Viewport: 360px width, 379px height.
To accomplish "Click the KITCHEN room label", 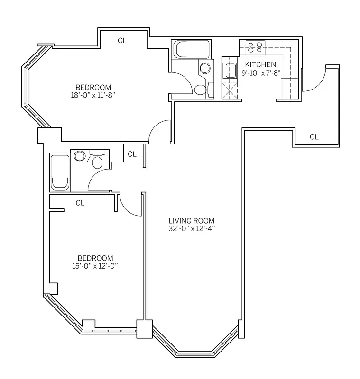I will [260, 64].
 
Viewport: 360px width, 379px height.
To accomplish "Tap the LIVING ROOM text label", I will [192, 221].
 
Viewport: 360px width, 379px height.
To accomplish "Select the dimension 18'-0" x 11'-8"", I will [93, 95].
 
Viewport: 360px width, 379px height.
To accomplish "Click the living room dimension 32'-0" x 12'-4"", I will [192, 228].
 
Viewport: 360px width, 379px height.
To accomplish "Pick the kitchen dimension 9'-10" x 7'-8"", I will [261, 73].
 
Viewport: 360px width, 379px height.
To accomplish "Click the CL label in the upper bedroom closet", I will [122, 41].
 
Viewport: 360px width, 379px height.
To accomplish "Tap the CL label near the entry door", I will [314, 137].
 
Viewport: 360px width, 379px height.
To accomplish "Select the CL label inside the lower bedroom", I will [80, 203].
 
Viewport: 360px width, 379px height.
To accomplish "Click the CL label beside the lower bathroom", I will [132, 154].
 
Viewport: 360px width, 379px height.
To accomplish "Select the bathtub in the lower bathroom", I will [60, 172].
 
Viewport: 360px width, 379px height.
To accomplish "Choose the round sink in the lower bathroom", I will [79, 155].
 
